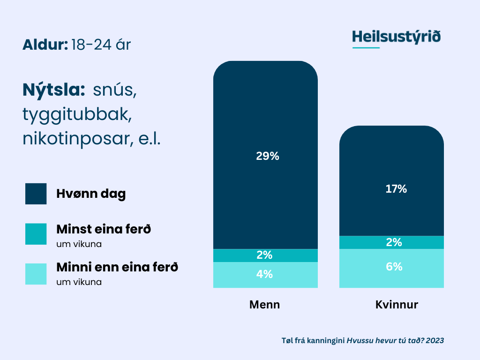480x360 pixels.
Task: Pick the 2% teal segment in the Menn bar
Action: (x=265, y=255)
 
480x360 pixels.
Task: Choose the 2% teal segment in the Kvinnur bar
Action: (x=391, y=242)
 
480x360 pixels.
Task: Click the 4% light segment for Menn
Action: (x=265, y=275)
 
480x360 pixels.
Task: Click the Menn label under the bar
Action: (x=264, y=305)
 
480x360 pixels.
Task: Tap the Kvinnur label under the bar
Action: (x=397, y=305)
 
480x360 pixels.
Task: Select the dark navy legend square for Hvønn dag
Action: (x=36, y=194)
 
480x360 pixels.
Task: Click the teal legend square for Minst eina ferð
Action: (x=36, y=234)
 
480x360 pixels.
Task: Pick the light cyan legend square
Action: (x=36, y=274)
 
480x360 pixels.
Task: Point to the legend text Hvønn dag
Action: (x=91, y=194)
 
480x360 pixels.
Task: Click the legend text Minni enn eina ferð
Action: (x=117, y=268)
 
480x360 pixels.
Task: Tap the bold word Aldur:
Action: (x=45, y=45)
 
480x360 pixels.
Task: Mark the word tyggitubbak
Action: (x=75, y=115)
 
